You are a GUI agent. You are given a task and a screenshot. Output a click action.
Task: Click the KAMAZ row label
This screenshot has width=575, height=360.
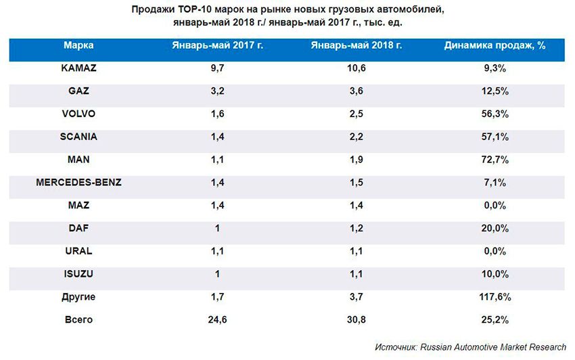tap(78, 68)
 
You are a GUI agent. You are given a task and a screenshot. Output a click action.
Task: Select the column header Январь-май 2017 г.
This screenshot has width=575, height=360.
tap(217, 46)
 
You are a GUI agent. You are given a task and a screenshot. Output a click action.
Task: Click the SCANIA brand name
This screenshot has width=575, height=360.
tap(78, 137)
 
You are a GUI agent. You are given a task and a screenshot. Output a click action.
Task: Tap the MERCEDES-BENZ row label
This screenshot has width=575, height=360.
tap(78, 183)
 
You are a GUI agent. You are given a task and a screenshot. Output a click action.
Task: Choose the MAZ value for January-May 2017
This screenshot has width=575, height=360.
tap(217, 206)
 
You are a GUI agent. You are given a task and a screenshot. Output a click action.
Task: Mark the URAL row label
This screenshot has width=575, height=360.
tap(78, 251)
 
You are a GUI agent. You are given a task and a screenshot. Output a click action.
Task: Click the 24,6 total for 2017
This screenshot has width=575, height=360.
tap(217, 320)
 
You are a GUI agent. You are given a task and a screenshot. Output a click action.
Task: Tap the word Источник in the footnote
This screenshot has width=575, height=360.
tap(396, 346)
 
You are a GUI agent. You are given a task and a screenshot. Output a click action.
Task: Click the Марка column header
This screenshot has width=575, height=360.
tap(78, 46)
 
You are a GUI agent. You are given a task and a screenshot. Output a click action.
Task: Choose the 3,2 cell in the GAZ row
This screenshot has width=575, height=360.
tap(217, 91)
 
